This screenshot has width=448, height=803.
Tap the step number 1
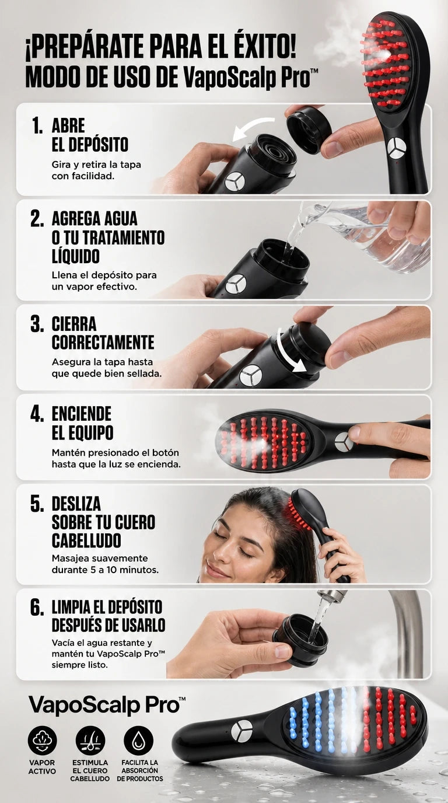(x=37, y=126)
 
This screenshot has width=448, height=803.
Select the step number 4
(x=37, y=414)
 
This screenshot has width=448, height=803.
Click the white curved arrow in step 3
(x=287, y=353)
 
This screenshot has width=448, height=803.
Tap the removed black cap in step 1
(x=309, y=129)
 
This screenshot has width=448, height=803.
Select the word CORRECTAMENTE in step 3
(x=103, y=342)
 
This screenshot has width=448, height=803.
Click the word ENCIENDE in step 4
(x=82, y=414)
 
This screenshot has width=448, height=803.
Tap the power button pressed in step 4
(x=344, y=442)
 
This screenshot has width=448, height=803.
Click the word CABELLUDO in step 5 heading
(x=86, y=540)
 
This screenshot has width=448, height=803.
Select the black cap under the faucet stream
(x=300, y=640)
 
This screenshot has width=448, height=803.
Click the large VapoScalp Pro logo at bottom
(x=107, y=705)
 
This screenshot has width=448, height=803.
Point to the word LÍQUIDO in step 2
(x=76, y=256)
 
